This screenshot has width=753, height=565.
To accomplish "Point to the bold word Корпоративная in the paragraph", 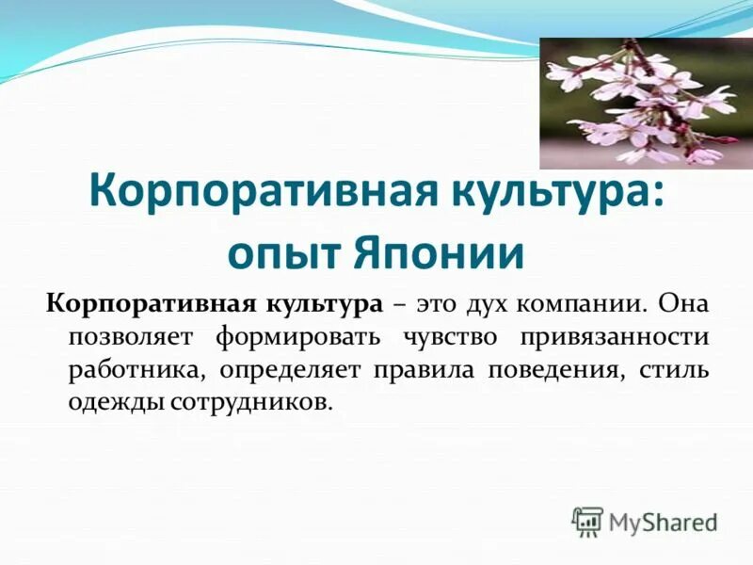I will point(146,305).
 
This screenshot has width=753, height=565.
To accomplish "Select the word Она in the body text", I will point(684,305).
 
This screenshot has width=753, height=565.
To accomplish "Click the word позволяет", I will point(129,337).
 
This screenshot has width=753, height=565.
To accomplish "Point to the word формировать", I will point(293,337).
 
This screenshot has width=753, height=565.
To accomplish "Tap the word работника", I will point(121,369).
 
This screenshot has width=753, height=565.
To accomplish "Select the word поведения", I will point(553,369).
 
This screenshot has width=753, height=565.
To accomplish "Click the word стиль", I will point(674,369).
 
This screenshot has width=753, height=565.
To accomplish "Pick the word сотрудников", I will point(251,401).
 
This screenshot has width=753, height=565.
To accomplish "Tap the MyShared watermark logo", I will point(646,521).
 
